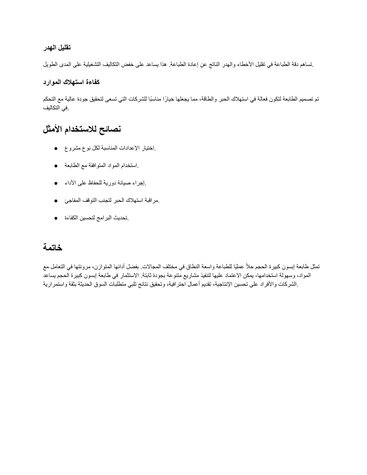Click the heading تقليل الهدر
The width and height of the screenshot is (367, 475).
[57, 48]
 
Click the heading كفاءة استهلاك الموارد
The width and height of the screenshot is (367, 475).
[71, 82]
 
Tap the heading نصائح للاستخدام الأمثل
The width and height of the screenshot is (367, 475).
[82, 129]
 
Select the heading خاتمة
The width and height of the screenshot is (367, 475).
[53, 247]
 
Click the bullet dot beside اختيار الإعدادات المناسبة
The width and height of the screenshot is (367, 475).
[57, 148]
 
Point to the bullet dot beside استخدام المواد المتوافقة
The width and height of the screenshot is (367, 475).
[57, 166]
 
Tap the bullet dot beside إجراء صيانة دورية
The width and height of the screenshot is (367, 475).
[57, 184]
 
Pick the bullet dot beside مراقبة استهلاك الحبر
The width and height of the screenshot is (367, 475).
[57, 201]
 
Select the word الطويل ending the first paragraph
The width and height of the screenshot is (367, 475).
[51, 65]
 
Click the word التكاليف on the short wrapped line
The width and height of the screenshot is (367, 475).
[57, 108]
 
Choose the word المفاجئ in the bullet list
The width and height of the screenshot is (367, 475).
[74, 201]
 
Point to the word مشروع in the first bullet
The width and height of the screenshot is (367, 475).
[72, 148]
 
